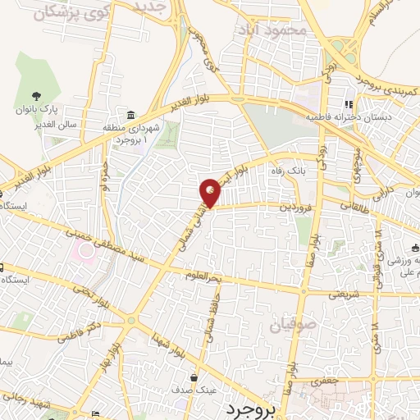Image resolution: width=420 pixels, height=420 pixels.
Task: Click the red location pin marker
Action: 211,193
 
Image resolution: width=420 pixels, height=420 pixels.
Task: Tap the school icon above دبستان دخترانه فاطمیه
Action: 348,105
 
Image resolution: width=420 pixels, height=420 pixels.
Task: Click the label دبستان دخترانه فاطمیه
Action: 345,118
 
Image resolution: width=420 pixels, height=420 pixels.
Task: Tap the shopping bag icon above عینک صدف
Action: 194,377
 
